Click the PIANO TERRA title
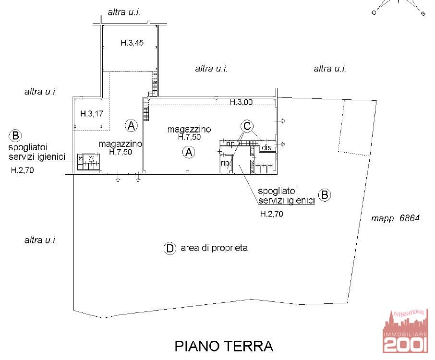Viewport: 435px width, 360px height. pyautogui.click(x=224, y=346)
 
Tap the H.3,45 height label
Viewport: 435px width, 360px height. pyautogui.click(x=132, y=43)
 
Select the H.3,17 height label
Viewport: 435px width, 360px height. pyautogui.click(x=92, y=113)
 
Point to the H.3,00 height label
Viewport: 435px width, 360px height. pyautogui.click(x=241, y=102)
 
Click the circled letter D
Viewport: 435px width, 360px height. pyautogui.click(x=170, y=248)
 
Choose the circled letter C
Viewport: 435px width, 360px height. pyautogui.click(x=247, y=126)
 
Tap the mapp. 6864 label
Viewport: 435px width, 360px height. pyautogui.click(x=395, y=218)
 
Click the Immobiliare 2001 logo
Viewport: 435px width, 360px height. pyautogui.click(x=405, y=332)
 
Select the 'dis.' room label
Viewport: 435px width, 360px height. pyautogui.click(x=267, y=147)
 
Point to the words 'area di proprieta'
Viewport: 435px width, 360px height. pyautogui.click(x=214, y=248)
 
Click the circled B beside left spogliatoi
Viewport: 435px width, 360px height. pyautogui.click(x=15, y=136)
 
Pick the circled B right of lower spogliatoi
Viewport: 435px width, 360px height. pyautogui.click(x=325, y=195)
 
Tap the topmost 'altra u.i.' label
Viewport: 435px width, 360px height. pyautogui.click(x=124, y=12)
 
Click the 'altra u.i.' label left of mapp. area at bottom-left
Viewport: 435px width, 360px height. pyautogui.click(x=40, y=240)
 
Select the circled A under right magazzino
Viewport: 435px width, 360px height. pyautogui.click(x=189, y=152)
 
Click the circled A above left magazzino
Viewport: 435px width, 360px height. pyautogui.click(x=131, y=126)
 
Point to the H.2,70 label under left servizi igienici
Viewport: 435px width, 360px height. pyautogui.click(x=23, y=170)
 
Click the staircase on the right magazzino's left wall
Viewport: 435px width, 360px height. pyautogui.click(x=146, y=110)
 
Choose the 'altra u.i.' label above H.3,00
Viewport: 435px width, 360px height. pyautogui.click(x=211, y=69)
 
